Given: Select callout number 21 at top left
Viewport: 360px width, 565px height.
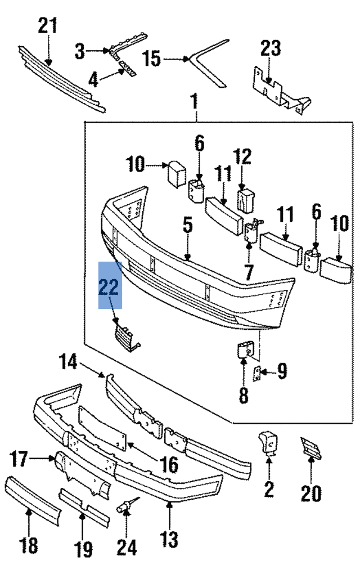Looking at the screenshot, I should [x=48, y=26].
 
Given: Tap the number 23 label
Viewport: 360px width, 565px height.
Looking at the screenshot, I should [x=270, y=48].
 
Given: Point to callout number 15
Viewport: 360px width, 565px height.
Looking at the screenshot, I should [x=151, y=58].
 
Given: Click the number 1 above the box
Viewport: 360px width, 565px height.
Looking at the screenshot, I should [x=195, y=102].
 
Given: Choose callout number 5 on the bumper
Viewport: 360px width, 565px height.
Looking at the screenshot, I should [x=187, y=225].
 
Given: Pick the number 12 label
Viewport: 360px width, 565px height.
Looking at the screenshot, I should [x=242, y=157].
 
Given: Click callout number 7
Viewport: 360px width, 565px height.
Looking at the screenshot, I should [x=249, y=273].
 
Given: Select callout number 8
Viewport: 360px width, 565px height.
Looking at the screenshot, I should [x=243, y=394].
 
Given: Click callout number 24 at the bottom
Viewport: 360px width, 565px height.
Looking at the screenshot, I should [x=127, y=545].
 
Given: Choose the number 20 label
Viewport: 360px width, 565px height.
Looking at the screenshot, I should [x=310, y=494].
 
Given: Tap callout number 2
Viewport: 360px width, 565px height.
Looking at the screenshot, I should [x=269, y=488].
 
